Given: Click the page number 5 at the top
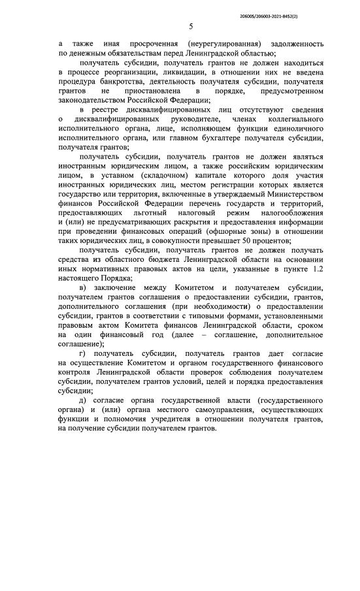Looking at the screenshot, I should point(190,27).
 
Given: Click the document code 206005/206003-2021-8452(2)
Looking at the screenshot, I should point(297,13).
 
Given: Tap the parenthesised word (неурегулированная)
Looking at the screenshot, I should point(212,43).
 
